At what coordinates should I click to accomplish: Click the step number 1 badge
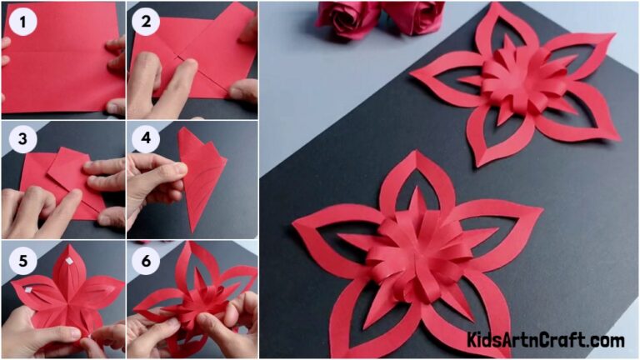22,22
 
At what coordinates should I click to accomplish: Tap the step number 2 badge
147,22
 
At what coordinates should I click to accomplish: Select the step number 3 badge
22,140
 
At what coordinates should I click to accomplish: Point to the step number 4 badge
147,140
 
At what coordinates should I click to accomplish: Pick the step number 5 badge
22,260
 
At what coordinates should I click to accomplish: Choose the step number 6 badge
147,260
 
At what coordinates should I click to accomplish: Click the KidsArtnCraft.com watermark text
546,340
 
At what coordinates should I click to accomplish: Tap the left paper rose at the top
347,18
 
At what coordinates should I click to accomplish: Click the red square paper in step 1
58,62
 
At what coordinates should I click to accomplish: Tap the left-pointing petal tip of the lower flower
296,223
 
